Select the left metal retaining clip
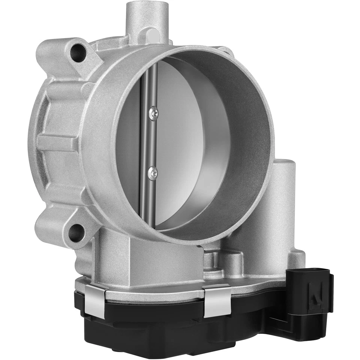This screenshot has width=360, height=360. [x=96, y=300]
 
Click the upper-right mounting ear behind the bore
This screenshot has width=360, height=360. [x=225, y=51]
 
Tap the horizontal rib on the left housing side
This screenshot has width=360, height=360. [x=56, y=142]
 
